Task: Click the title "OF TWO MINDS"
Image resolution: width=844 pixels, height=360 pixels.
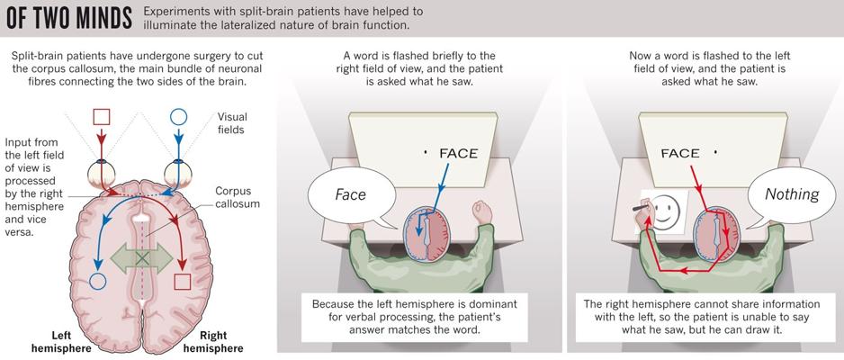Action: (x=68, y=18)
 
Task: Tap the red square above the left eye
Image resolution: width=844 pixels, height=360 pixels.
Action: (x=101, y=117)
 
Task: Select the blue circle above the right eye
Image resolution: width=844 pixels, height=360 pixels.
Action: (x=178, y=117)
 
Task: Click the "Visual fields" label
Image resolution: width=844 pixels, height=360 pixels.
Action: (x=232, y=123)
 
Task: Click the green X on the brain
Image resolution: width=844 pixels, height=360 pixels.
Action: (x=142, y=259)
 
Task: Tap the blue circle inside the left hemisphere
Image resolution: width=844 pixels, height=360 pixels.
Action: (x=97, y=281)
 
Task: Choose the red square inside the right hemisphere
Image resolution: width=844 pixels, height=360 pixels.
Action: (x=183, y=282)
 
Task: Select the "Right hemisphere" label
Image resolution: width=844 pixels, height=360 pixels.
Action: (x=213, y=341)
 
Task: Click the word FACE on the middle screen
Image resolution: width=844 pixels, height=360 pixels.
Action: (x=458, y=153)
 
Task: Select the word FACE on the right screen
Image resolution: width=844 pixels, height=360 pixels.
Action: (x=680, y=153)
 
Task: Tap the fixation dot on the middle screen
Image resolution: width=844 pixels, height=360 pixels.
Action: (x=426, y=153)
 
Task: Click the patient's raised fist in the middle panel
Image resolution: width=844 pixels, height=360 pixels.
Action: (x=482, y=212)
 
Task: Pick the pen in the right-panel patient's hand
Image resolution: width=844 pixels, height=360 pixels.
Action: (x=640, y=207)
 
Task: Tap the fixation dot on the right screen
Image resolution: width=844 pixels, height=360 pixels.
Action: (x=715, y=153)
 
